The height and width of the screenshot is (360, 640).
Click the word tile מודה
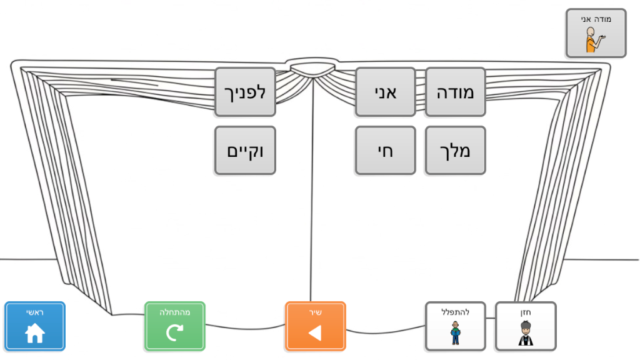[x=455, y=92]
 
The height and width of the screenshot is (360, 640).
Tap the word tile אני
[x=385, y=92]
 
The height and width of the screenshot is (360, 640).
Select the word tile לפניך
[x=245, y=92]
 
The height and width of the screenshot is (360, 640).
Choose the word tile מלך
[x=455, y=151]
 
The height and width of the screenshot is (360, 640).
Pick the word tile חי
[x=385, y=151]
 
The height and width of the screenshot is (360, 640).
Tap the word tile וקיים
[x=245, y=151]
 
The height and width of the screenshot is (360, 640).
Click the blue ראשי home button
[x=35, y=326]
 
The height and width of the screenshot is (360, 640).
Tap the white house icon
[x=35, y=334]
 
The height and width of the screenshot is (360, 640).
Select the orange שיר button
[x=315, y=326]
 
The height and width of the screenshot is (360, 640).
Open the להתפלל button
[x=455, y=326]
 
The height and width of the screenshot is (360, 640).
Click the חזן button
[x=525, y=326]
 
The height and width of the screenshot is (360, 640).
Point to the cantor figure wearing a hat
[x=525, y=333]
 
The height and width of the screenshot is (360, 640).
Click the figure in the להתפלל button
[x=456, y=333]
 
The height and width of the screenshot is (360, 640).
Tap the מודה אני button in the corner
[x=596, y=33]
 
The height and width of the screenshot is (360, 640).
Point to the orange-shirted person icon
[x=591, y=39]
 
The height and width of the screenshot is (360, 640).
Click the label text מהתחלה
[x=174, y=312]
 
